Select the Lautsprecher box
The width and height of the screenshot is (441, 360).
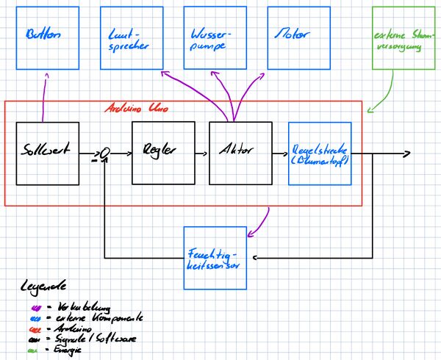[131, 38]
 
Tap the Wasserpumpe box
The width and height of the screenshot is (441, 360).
[214, 38]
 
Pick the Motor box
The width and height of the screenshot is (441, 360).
[294, 37]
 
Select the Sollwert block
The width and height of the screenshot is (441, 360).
[47, 153]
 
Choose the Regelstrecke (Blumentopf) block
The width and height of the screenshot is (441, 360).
[319, 154]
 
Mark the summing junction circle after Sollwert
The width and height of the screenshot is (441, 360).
[105, 153]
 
